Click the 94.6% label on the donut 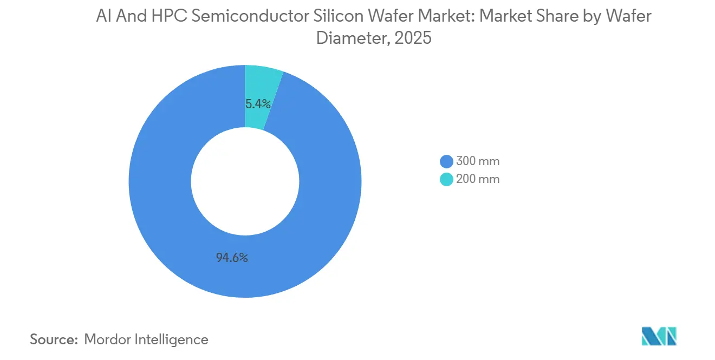(x=232, y=258)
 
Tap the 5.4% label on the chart (x=258, y=103)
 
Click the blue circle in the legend (x=446, y=161)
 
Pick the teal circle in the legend (x=446, y=179)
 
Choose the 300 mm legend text (x=477, y=161)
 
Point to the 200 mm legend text (x=477, y=179)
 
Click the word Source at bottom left (x=53, y=339)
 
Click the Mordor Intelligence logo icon (x=659, y=336)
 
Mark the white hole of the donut (x=245, y=181)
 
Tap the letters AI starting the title (x=102, y=17)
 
